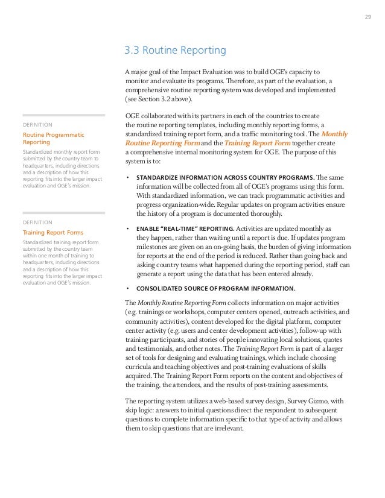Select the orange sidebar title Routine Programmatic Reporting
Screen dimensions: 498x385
53,138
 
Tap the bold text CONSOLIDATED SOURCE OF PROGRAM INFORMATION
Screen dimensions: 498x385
215,288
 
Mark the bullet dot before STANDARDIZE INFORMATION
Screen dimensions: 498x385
127,178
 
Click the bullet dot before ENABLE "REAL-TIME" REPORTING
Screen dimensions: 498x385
127,230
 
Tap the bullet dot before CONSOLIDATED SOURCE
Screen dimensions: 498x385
127,288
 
